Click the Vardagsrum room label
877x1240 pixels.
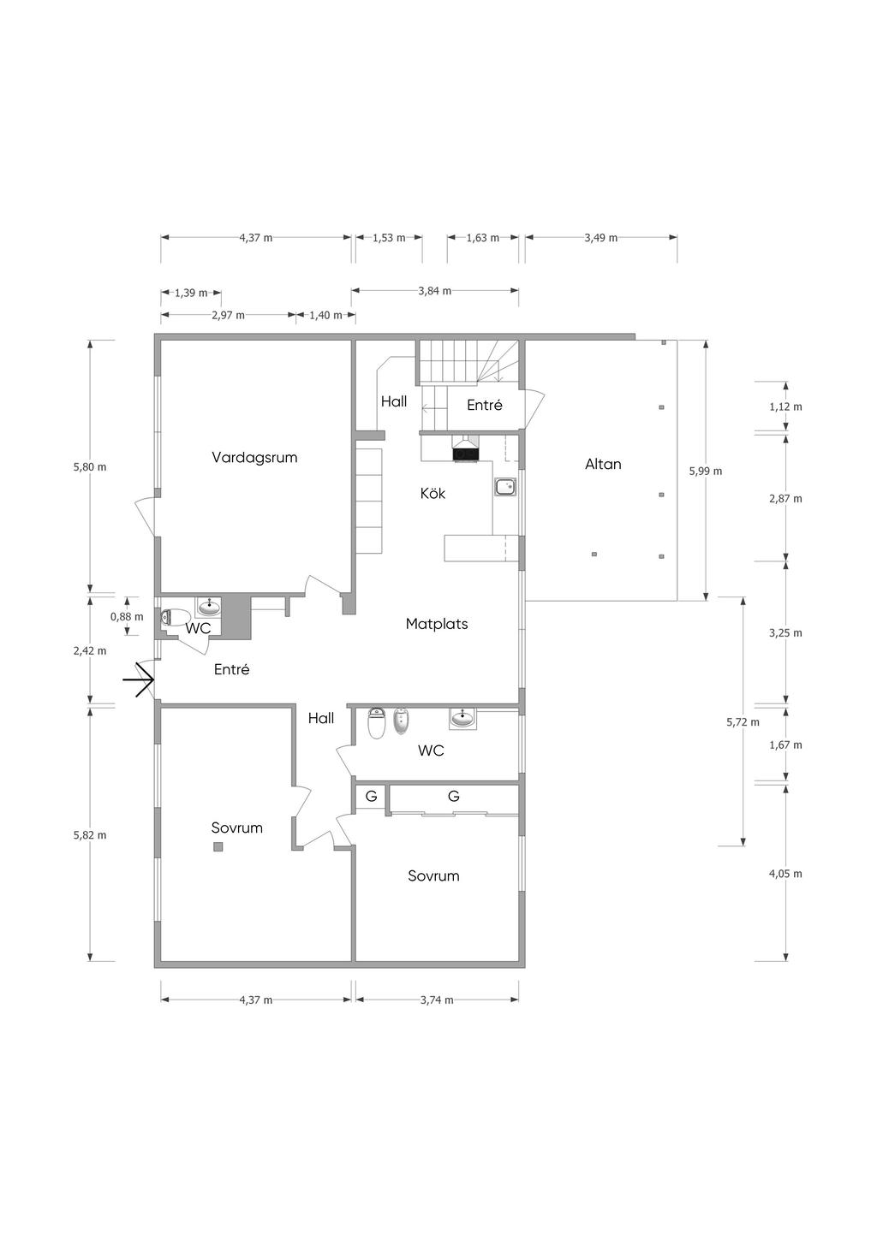click(254, 458)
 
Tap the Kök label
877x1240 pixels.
click(433, 493)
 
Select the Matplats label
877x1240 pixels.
click(437, 624)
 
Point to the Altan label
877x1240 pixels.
click(603, 464)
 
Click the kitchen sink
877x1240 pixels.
click(505, 487)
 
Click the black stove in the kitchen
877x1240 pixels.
click(465, 454)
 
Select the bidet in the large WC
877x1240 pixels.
click(400, 722)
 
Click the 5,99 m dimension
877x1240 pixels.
click(705, 471)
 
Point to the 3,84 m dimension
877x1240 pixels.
click(435, 291)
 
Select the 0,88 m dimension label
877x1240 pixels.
click(127, 617)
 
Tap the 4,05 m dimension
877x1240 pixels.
click(785, 874)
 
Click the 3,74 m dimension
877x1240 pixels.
click(437, 1000)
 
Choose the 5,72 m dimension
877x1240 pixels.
click(743, 722)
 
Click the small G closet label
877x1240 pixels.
click(371, 796)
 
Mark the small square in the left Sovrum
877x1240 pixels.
click(218, 846)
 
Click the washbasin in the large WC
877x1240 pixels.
click(462, 719)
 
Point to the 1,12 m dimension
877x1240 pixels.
click(785, 406)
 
